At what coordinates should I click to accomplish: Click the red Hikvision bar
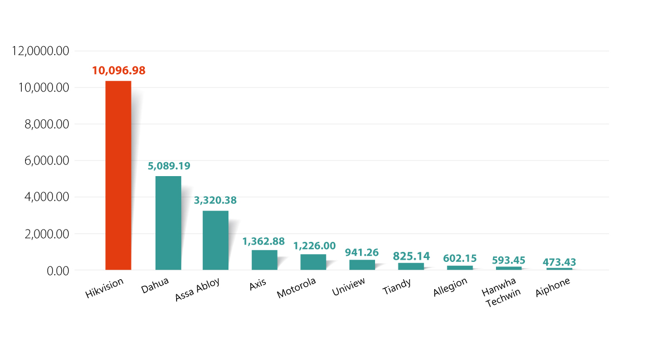118,175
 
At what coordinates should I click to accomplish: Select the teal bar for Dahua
168,223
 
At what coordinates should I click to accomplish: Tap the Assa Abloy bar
215,240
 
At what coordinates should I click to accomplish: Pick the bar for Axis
264,260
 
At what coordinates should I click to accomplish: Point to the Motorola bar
313,262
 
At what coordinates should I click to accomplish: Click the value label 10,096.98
119,71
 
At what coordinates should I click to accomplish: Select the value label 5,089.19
169,166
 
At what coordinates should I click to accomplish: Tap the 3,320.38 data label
215,201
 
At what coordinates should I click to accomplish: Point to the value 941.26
362,252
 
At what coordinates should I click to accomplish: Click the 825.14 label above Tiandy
411,256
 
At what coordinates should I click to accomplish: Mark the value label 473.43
559,262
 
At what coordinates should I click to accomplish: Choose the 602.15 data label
460,259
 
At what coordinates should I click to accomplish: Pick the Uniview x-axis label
348,288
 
